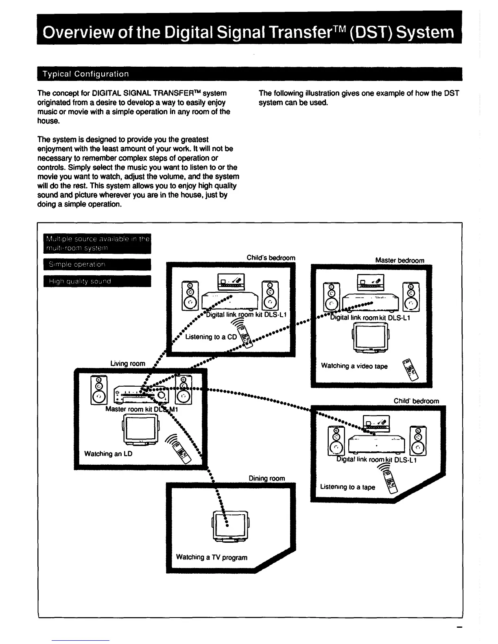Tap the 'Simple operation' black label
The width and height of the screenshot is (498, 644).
tap(97, 264)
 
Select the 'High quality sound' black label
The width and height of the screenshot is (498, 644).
tap(97, 281)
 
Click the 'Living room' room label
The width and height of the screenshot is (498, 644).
tap(128, 363)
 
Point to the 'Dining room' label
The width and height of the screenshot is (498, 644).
tap(266, 479)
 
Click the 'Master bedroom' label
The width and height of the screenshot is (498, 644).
tap(400, 260)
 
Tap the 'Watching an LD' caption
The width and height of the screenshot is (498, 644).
tap(108, 454)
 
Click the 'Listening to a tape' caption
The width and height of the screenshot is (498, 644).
tap(347, 487)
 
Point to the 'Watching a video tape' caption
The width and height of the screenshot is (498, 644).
tap(354, 366)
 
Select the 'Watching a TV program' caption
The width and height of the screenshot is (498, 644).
tap(212, 557)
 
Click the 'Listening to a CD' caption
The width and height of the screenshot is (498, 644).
tap(211, 337)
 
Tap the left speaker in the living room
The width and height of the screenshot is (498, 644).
tap(98, 389)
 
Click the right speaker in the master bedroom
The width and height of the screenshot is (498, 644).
tap(411, 297)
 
